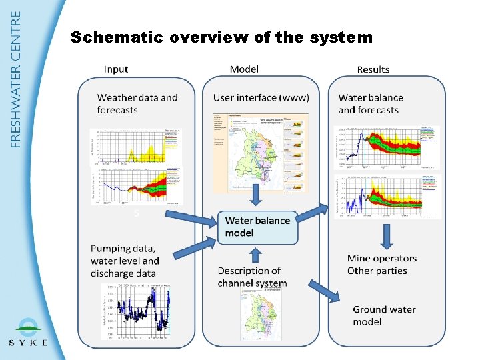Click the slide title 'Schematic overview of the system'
pos(221,37)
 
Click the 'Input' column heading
pos(116,69)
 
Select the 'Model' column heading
pos(244,69)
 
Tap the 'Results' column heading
pos(373,69)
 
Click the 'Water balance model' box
pos(257,227)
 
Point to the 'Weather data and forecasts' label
pos(137,104)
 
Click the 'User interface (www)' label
pos(261,98)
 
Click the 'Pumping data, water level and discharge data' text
pos(125,261)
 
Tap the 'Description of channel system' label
pos(252,277)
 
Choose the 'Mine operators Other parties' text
pos(382,265)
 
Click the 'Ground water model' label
pos(384,315)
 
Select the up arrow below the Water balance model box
pos(254,255)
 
